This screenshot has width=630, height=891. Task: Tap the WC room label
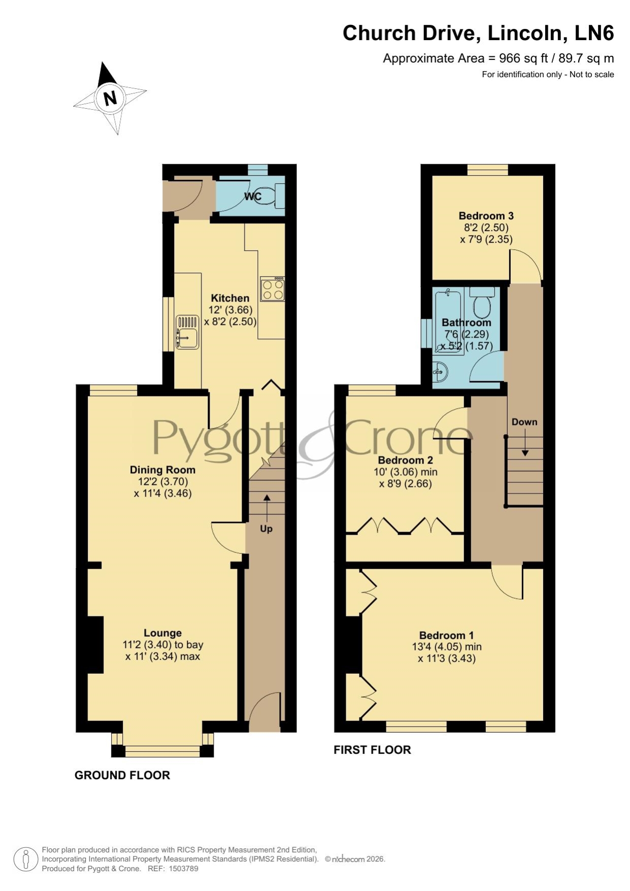tap(253, 196)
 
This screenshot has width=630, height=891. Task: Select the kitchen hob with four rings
tap(273, 289)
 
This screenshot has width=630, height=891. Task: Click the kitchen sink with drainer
tap(187, 332)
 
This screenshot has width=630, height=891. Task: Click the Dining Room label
tap(162, 470)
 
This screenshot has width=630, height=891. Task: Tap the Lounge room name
tap(162, 633)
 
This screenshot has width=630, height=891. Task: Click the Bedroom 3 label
tap(486, 216)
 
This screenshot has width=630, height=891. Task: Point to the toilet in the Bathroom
tap(482, 303)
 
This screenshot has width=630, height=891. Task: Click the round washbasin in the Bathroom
tap(440, 373)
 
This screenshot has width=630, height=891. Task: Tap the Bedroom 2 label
tap(406, 460)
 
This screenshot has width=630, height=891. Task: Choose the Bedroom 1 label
tap(447, 635)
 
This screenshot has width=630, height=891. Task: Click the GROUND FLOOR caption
tap(122, 775)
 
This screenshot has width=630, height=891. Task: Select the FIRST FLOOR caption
tap(372, 750)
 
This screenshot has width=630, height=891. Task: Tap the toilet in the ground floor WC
tap(273, 195)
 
